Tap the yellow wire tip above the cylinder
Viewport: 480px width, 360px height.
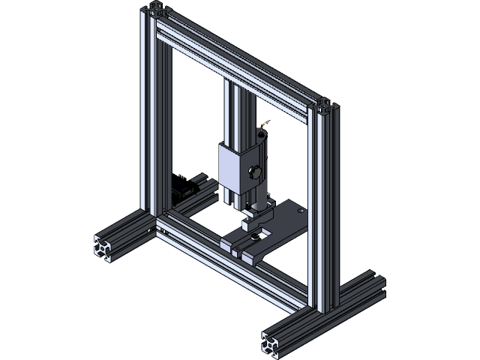point(263,124)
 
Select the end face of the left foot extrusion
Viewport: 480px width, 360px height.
point(106,249)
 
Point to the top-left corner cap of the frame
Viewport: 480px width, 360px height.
point(157,10)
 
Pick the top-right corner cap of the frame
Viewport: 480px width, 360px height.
point(325,104)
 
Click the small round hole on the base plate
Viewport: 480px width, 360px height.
point(301,212)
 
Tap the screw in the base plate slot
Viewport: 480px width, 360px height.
point(257,237)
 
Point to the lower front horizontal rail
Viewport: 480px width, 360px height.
point(232,262)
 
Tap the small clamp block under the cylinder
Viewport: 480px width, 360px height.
point(250,221)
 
